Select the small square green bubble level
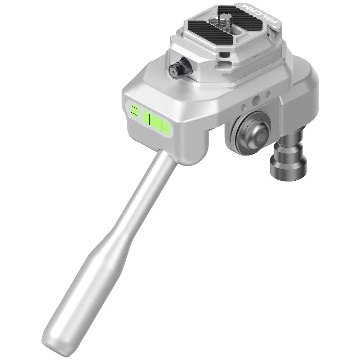point(134,111)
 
